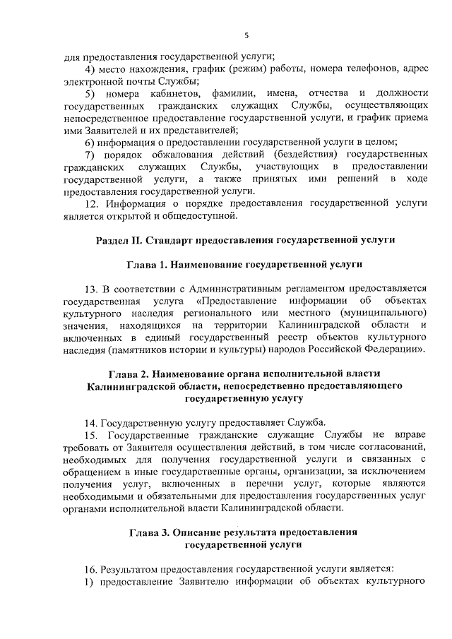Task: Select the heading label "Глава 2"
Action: click(130, 373)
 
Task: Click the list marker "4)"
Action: click(90, 69)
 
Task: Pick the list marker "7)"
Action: click(90, 153)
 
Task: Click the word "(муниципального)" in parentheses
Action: click(384, 312)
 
